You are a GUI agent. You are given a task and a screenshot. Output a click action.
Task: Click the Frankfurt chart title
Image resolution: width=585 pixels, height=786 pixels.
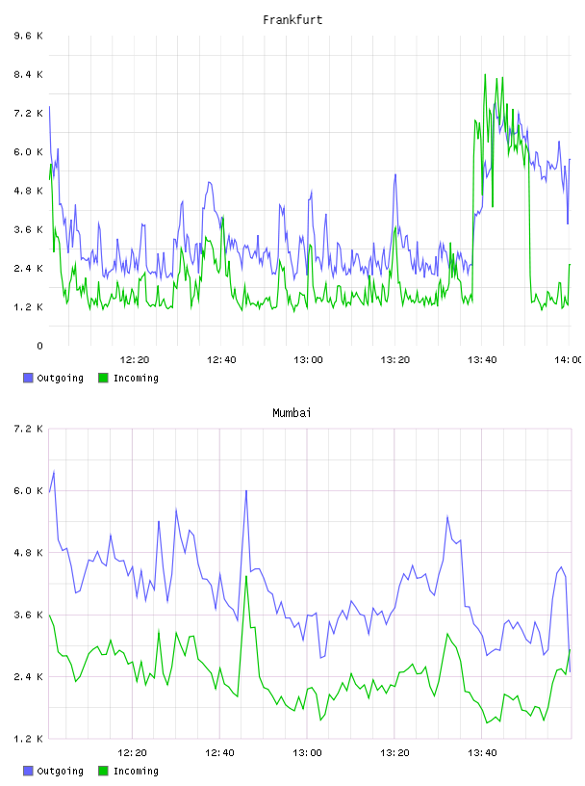(292, 20)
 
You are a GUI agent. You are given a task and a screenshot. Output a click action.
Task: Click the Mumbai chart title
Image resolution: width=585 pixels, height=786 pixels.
(292, 413)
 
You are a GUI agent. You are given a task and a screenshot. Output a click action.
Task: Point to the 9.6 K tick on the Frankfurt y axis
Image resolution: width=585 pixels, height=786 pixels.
(28, 36)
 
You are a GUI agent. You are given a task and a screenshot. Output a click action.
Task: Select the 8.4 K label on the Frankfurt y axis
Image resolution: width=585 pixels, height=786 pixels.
(28, 75)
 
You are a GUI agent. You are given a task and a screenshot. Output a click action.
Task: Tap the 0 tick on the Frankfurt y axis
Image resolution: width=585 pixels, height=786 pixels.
(39, 346)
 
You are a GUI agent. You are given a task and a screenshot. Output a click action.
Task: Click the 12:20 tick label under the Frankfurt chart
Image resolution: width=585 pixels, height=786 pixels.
(135, 360)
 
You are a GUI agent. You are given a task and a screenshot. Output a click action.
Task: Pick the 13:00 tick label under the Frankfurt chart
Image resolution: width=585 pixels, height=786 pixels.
(308, 360)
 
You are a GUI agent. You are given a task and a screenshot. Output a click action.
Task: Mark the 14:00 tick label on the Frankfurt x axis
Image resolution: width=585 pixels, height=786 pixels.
(568, 360)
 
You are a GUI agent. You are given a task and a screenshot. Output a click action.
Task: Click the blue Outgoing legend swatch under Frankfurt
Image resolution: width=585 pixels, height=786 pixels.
(28, 378)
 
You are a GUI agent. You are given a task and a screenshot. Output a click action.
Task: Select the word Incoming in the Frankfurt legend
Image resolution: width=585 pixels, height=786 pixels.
(136, 378)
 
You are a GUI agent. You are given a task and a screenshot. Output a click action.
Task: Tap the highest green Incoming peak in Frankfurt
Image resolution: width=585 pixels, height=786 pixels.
(485, 75)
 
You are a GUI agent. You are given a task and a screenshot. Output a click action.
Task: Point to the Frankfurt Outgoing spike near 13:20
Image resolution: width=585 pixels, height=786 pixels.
(395, 175)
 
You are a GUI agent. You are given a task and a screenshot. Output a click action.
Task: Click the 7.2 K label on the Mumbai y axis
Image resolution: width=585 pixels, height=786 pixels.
(28, 429)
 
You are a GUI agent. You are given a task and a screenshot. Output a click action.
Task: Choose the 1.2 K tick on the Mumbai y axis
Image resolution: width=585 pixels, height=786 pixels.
(28, 739)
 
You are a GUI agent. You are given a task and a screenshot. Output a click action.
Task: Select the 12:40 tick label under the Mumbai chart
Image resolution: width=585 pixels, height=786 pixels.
(219, 753)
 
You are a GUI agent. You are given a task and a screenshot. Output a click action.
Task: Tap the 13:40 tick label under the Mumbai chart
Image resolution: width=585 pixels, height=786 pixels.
(482, 753)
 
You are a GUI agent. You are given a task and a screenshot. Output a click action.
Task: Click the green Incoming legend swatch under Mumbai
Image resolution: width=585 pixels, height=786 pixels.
(103, 771)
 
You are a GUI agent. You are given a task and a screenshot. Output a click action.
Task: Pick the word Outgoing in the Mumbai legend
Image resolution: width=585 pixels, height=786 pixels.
(60, 771)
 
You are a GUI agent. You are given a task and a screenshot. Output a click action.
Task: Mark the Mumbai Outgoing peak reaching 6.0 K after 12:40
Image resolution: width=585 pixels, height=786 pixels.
(246, 491)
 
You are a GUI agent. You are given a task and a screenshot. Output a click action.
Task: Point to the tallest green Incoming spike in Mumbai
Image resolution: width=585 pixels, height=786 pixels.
(246, 577)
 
